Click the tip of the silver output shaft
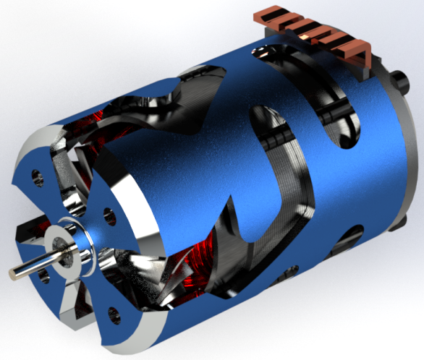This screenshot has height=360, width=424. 15,273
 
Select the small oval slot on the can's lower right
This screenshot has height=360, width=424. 355,236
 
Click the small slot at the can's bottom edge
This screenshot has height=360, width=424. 289,273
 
